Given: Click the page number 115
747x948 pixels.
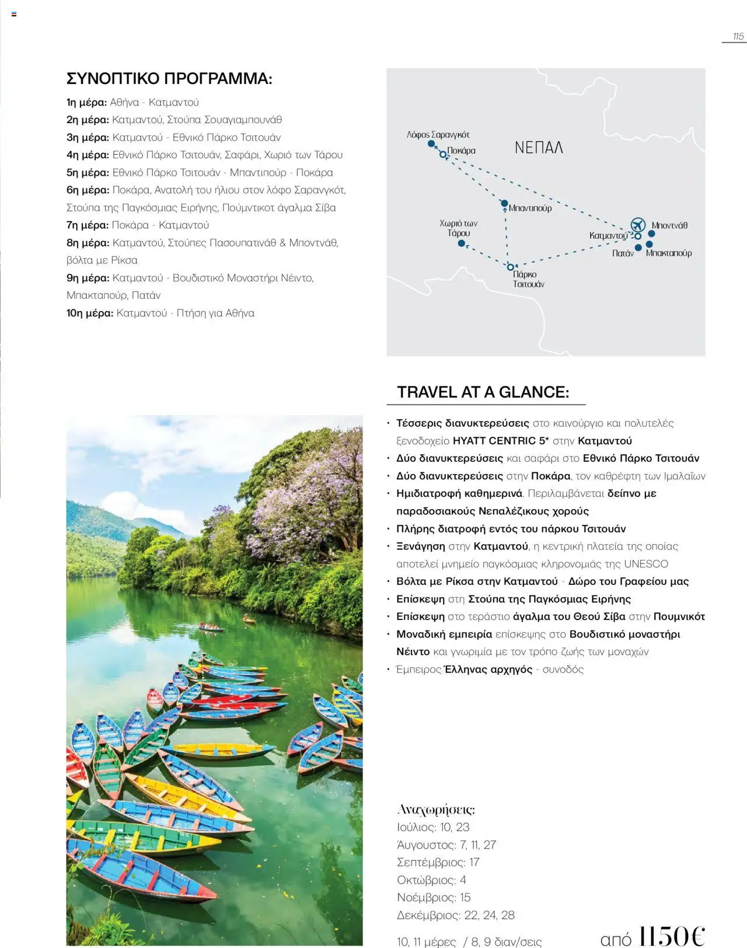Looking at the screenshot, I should [x=738, y=36].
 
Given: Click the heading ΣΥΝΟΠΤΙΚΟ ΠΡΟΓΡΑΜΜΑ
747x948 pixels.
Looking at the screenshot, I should [x=169, y=78].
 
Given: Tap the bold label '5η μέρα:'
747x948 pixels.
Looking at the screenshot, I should [x=88, y=173].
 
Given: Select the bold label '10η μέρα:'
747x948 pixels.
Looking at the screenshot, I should [x=90, y=313].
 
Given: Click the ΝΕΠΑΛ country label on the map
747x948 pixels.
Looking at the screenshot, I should [x=539, y=148].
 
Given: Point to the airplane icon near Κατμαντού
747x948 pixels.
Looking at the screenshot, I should [x=638, y=224].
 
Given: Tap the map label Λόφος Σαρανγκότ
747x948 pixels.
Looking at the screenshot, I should [x=438, y=134].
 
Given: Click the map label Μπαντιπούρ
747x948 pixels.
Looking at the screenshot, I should [x=530, y=208].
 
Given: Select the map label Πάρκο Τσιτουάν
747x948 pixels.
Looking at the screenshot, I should [x=528, y=279].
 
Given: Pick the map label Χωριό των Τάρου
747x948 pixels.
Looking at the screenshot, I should [x=459, y=228].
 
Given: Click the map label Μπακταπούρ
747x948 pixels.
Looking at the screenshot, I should [x=669, y=253].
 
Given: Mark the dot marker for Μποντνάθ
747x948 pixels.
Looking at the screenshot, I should [x=651, y=233].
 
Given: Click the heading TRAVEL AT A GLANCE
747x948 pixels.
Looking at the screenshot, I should [x=483, y=392].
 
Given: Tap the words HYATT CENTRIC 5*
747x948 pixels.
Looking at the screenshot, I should [x=501, y=441].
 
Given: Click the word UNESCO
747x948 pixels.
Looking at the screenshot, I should [x=646, y=564].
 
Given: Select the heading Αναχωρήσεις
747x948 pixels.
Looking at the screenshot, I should [x=436, y=810].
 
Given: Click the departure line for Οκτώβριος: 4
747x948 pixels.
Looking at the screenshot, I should [x=431, y=880].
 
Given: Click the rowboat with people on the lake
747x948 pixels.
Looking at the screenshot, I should [x=211, y=628].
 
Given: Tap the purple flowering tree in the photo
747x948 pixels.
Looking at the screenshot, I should [x=303, y=496].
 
